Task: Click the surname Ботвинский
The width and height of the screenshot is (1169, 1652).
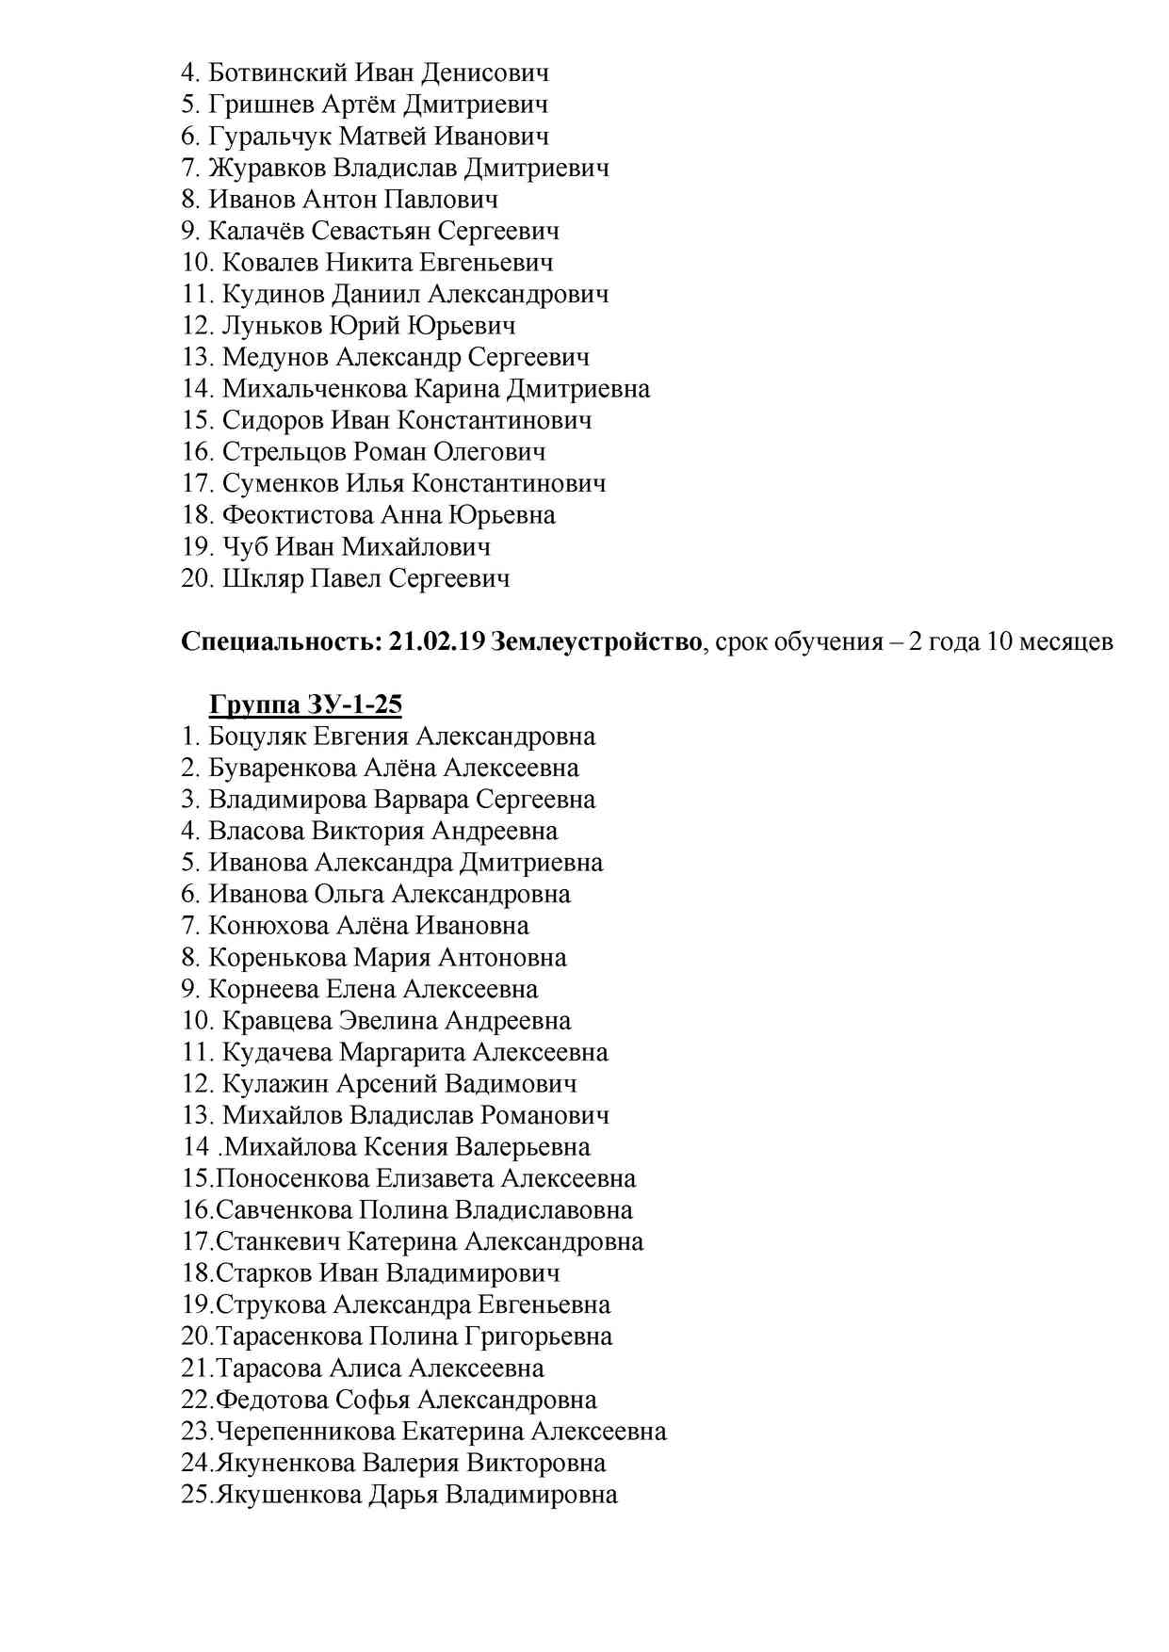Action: (x=278, y=73)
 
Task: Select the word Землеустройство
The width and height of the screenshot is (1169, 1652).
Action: (x=596, y=642)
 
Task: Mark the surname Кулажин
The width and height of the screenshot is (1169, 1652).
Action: (x=276, y=1084)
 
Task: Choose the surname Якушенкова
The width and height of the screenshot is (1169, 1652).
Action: (x=288, y=1495)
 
